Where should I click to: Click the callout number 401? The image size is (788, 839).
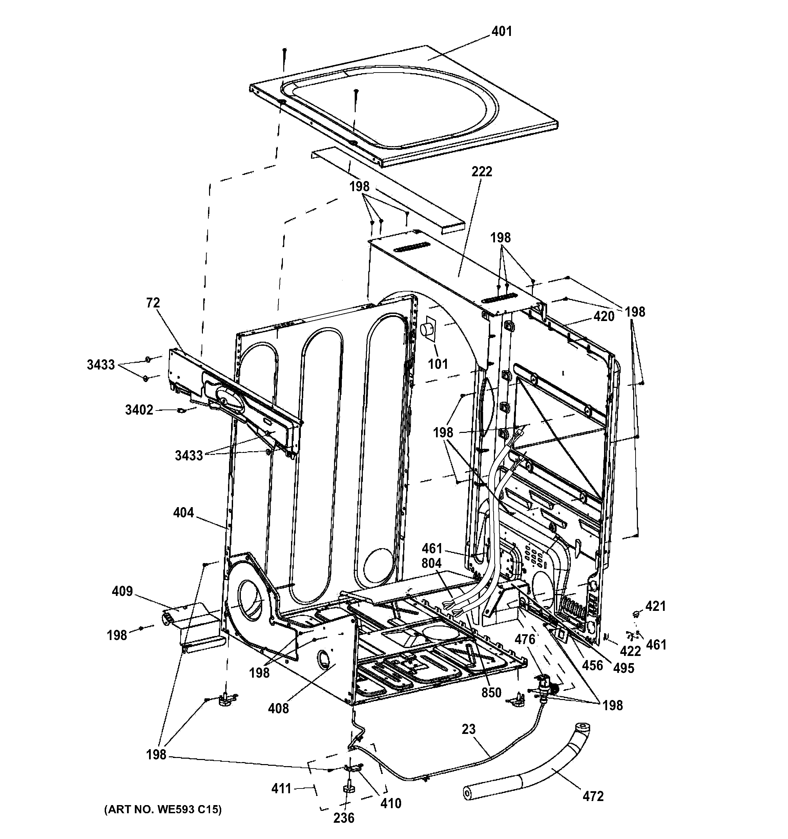tap(502, 31)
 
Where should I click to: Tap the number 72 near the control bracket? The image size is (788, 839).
tap(153, 303)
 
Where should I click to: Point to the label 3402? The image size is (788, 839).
tap(139, 410)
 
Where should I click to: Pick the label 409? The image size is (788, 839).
tap(122, 591)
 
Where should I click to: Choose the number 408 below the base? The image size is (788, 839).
tap(279, 708)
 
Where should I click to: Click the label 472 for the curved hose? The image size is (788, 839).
tap(593, 796)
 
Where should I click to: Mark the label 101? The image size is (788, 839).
tap(438, 364)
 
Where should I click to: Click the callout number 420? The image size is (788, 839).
tap(604, 316)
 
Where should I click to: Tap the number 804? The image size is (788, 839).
tap(431, 563)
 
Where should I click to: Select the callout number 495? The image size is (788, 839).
tap(623, 668)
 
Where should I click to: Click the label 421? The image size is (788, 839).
tap(656, 606)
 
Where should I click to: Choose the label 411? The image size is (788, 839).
tap(282, 788)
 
